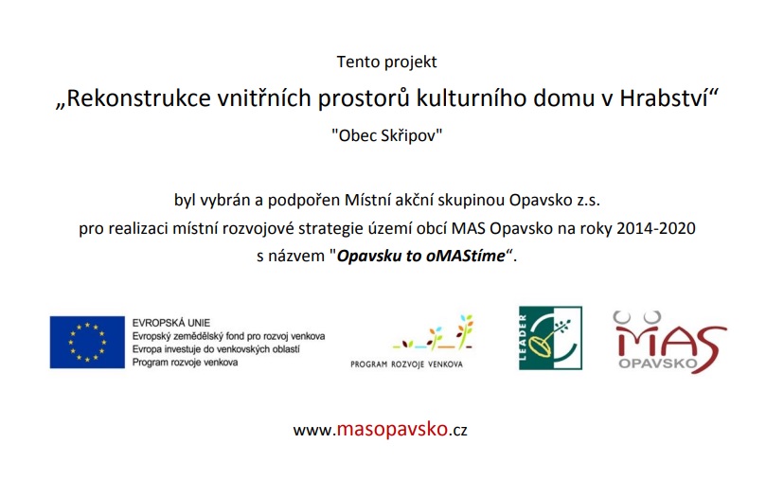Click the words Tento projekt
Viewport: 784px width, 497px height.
(386, 62)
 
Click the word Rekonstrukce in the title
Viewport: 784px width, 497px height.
(138, 98)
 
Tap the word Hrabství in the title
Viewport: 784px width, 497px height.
(664, 98)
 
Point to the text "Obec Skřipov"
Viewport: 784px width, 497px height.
(387, 135)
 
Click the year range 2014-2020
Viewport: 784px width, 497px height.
(656, 228)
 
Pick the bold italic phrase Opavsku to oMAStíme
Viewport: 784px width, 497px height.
(421, 256)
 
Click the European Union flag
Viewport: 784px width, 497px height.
(87, 343)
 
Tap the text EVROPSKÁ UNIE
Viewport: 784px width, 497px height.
(171, 323)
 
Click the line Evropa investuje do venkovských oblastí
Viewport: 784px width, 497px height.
(216, 349)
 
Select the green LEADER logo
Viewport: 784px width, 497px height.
(550, 338)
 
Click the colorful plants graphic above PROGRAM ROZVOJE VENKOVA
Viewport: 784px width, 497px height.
(433, 331)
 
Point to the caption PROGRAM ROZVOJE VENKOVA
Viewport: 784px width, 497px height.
(406, 364)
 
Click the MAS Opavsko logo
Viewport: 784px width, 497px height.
(670, 343)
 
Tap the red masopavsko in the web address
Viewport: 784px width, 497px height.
(392, 430)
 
